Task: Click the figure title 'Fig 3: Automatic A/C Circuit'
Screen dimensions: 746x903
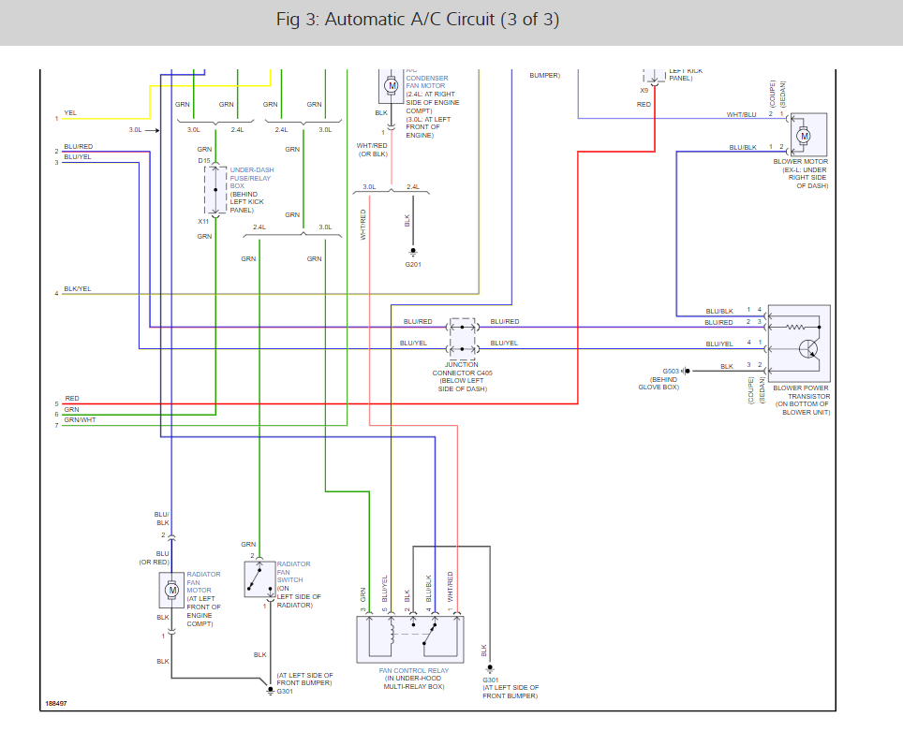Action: point(419,20)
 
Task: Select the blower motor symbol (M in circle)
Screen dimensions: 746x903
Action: point(803,136)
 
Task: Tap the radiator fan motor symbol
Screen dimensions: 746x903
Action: point(171,590)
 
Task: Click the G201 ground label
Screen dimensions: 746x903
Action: point(413,265)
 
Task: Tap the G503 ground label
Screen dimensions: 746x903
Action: point(671,372)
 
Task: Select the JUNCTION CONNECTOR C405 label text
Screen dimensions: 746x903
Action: point(462,373)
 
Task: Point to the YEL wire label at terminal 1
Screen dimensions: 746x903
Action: point(70,113)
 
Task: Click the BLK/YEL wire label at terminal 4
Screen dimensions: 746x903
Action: point(78,289)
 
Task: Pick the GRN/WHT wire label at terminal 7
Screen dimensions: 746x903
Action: point(80,420)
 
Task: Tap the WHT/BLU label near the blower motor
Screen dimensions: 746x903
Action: point(741,115)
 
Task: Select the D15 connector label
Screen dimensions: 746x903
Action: point(203,161)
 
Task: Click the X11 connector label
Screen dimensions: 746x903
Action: point(203,222)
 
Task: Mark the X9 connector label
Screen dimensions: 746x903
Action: point(644,91)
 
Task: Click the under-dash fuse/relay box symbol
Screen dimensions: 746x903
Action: point(215,191)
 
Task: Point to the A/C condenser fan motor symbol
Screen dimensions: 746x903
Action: point(392,86)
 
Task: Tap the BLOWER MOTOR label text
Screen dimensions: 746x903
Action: point(800,161)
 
